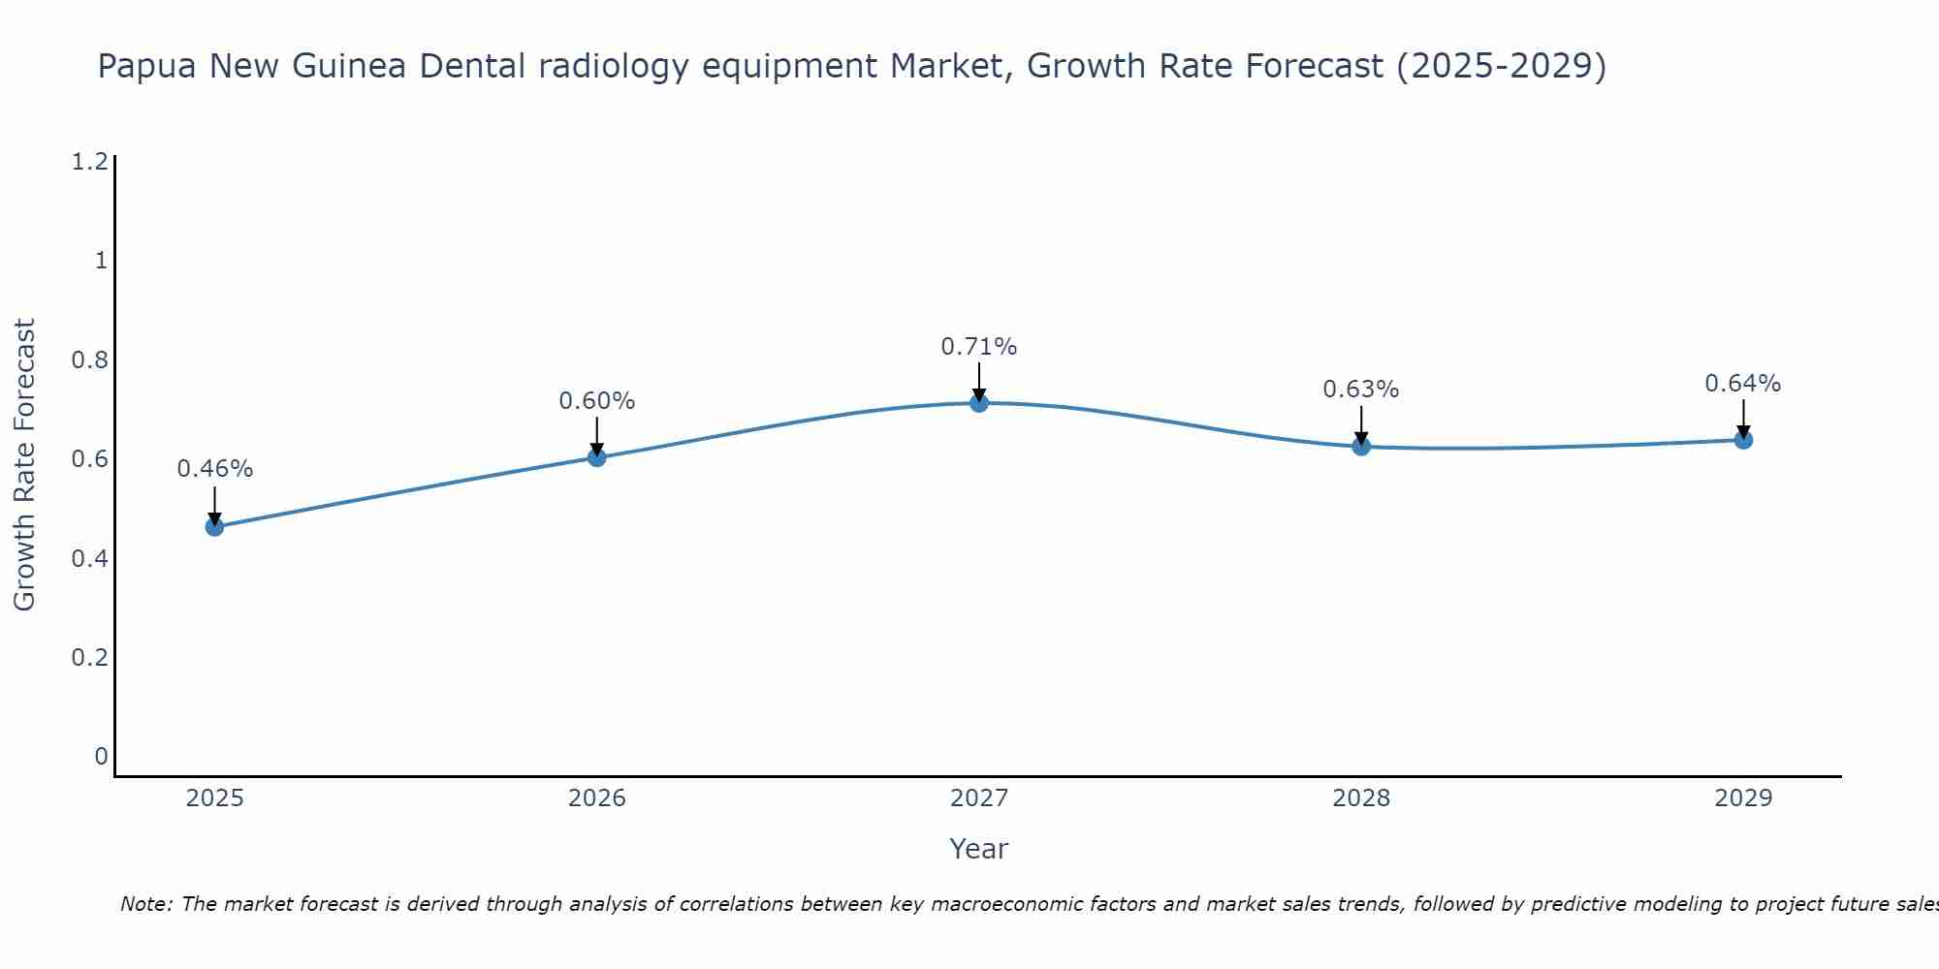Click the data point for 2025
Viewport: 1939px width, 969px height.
(214, 527)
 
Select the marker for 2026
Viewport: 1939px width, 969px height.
(597, 457)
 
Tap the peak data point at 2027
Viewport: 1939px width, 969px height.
(979, 403)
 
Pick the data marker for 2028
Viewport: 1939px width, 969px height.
(1361, 447)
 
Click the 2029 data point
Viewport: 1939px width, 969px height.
(1743, 440)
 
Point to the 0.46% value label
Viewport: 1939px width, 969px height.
(214, 469)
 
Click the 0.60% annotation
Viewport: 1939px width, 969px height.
(597, 401)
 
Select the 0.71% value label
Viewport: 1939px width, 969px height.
(979, 347)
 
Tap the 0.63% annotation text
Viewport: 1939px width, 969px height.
(1361, 390)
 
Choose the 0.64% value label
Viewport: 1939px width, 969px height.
(1743, 384)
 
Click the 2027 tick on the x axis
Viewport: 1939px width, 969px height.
(979, 798)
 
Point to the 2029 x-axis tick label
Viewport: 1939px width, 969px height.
(1743, 798)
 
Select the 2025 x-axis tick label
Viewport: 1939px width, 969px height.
(214, 798)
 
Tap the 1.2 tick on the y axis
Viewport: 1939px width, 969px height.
(89, 162)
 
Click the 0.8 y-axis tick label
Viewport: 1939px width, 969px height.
(89, 360)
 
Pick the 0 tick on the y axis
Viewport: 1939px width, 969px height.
(101, 757)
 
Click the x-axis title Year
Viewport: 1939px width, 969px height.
(979, 849)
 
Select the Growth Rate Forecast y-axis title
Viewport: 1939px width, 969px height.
(25, 464)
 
